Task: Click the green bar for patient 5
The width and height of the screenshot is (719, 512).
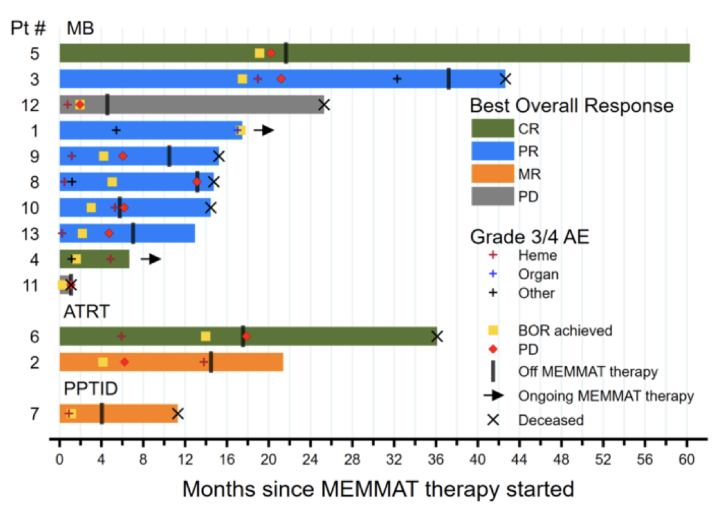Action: click(374, 53)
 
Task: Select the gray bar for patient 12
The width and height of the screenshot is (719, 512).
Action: click(192, 105)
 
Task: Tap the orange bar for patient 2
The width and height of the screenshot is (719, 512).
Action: click(171, 362)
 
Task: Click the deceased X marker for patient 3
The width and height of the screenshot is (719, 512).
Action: click(505, 79)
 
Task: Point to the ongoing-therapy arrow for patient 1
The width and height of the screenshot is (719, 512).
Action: click(264, 130)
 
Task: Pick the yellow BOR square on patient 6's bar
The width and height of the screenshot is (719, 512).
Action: click(205, 337)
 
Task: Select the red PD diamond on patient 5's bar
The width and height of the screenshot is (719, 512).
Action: click(271, 53)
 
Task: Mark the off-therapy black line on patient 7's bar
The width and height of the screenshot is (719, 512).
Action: click(102, 413)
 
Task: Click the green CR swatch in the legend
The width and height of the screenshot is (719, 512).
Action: click(493, 129)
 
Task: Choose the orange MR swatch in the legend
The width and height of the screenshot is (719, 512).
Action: click(493, 173)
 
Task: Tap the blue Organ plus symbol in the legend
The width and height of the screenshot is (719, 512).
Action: click(493, 274)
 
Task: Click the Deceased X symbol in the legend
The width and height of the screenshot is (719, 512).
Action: click(493, 420)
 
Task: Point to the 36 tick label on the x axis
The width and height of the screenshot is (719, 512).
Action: click(436, 459)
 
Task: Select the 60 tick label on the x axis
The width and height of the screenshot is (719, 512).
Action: click(686, 459)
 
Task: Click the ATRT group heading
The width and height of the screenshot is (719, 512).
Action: click(86, 312)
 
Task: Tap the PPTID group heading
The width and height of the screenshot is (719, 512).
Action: click(91, 389)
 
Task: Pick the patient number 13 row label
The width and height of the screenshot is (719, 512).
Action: click(31, 234)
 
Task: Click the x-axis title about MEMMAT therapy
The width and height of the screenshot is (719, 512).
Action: click(378, 489)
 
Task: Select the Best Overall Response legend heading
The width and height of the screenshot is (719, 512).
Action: click(572, 105)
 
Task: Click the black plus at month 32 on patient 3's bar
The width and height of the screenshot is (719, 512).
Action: click(397, 79)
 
